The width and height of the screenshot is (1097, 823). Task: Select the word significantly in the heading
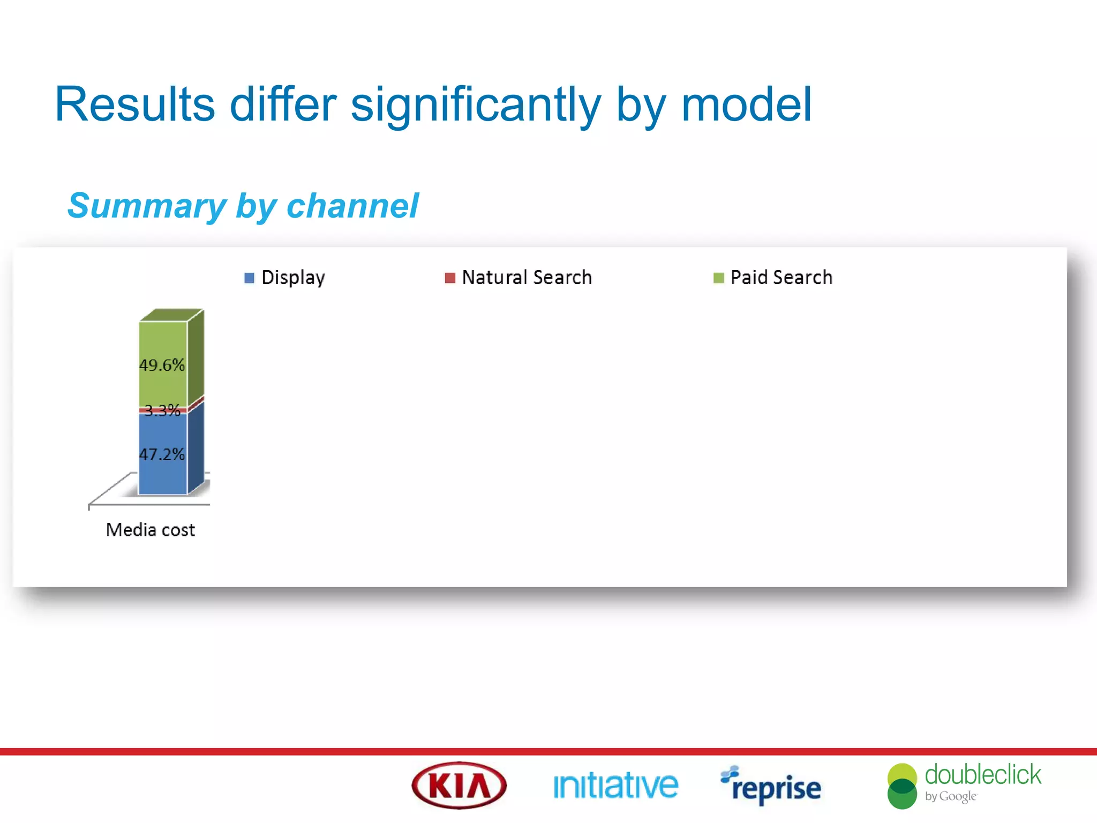[476, 105]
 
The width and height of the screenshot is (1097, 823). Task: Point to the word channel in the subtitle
[352, 206]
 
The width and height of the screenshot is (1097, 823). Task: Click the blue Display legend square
[249, 278]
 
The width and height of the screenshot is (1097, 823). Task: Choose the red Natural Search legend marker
[450, 278]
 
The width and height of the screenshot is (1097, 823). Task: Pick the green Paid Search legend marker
[718, 278]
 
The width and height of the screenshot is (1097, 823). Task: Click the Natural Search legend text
[527, 278]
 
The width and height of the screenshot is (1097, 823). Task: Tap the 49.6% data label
[162, 365]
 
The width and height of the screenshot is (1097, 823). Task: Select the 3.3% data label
[162, 410]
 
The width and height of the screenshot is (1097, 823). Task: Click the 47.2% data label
[162, 454]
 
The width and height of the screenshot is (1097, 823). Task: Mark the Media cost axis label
[151, 530]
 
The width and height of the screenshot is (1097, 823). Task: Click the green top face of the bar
[171, 315]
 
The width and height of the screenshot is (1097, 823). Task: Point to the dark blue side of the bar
[196, 447]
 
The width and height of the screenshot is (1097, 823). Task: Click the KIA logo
[459, 785]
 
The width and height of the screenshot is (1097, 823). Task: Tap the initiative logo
[615, 786]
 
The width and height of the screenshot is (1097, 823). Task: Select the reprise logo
[771, 787]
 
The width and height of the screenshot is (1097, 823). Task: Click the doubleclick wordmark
[983, 775]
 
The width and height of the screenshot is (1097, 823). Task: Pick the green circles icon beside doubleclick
[902, 786]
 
